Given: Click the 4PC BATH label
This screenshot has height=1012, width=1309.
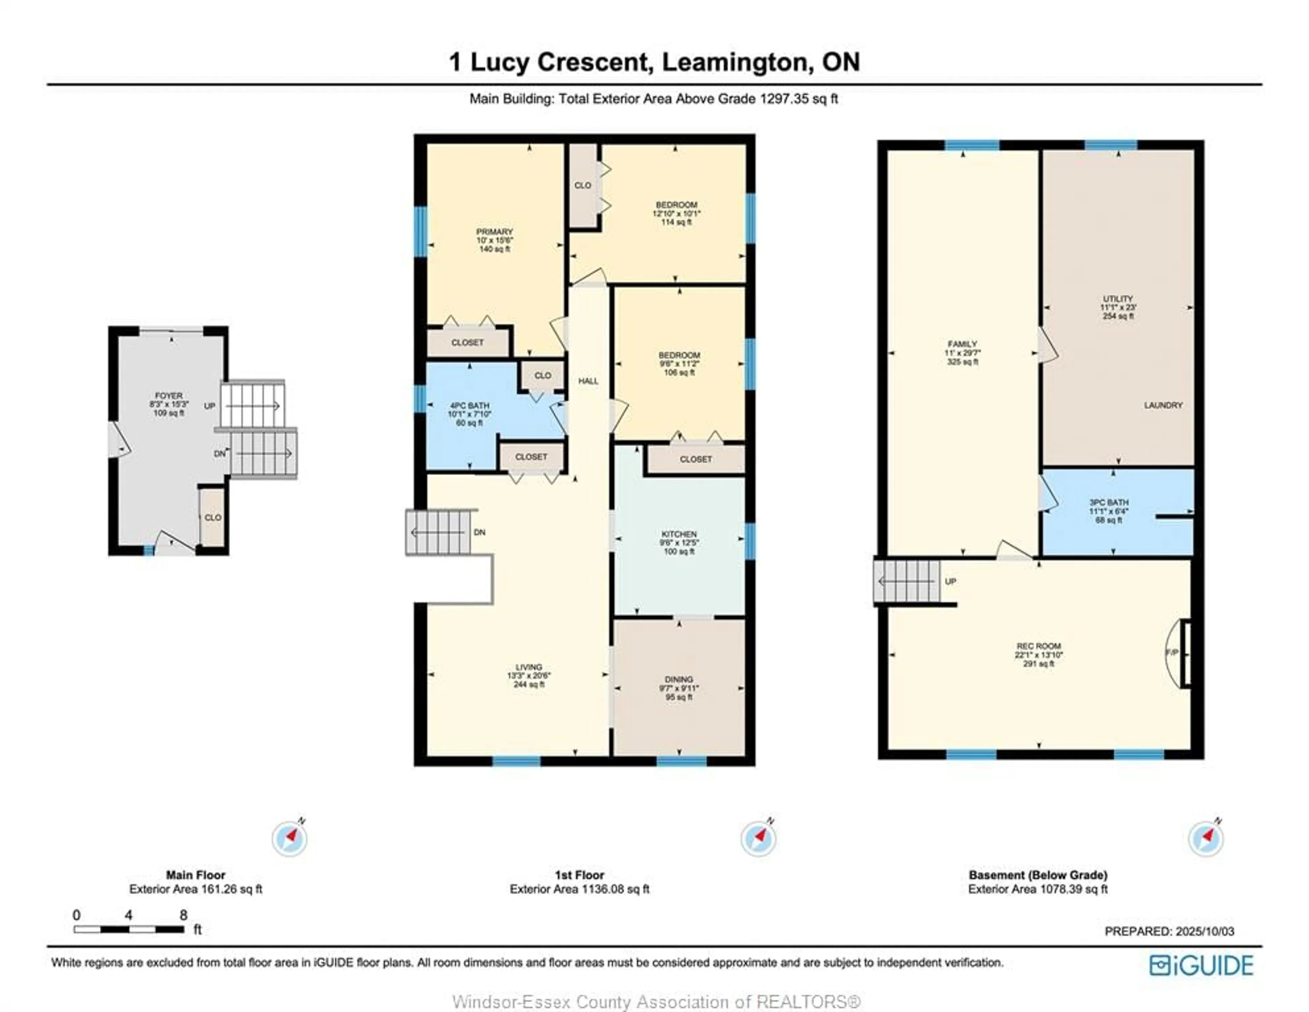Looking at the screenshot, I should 469,405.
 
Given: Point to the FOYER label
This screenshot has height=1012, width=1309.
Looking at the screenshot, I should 168,396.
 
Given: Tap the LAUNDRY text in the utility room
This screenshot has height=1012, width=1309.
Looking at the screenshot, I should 1163,405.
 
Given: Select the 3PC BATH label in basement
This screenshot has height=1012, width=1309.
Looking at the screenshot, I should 1109,503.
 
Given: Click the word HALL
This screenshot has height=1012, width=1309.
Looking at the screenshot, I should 588,381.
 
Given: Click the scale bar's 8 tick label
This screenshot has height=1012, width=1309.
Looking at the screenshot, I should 183,915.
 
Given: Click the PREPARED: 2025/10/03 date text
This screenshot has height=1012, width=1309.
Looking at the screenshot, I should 1169,931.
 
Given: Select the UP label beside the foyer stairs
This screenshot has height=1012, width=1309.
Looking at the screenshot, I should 209,406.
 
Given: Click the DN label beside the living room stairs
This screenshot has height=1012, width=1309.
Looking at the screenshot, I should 480,532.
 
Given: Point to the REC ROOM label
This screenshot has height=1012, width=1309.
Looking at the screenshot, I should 1039,646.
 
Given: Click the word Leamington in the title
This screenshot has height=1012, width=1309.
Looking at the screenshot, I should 737,62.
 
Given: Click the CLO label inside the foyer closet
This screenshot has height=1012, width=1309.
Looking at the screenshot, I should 213,518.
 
